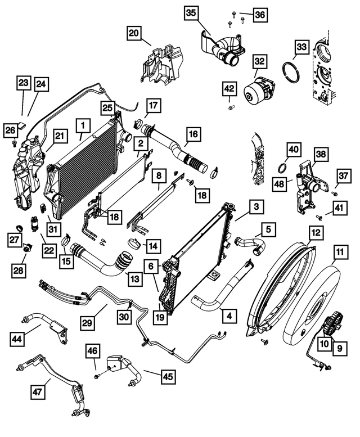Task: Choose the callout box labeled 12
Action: [x=316, y=231]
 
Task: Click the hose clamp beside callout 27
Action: [x=19, y=229]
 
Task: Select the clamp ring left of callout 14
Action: [x=134, y=244]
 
